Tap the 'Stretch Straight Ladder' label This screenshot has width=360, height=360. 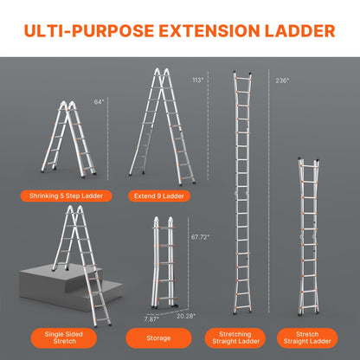pyautogui.click(x=307, y=335)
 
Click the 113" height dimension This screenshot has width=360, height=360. pyautogui.click(x=198, y=80)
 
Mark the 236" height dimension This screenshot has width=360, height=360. pyautogui.click(x=282, y=80)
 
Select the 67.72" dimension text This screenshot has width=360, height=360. pyautogui.click(x=201, y=236)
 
